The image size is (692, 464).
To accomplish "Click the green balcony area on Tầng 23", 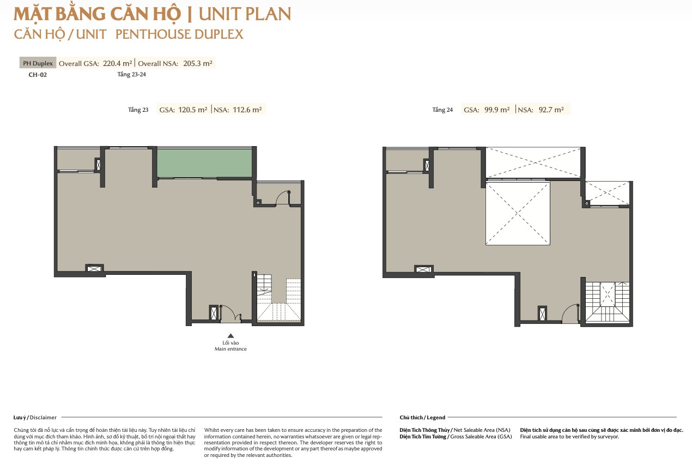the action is [x=204, y=163].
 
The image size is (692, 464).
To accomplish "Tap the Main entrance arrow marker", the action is [x=230, y=336].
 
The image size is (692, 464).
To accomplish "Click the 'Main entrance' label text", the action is [x=230, y=349].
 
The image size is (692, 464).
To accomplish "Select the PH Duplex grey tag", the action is [x=38, y=63].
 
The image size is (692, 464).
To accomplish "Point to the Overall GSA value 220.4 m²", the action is [x=117, y=63].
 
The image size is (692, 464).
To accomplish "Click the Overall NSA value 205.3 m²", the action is [x=198, y=63].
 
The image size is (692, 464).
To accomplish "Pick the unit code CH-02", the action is [x=38, y=75].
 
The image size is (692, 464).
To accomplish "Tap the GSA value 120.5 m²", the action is [x=192, y=110].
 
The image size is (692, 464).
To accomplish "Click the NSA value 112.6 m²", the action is [x=247, y=110].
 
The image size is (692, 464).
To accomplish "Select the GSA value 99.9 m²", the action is [x=497, y=110].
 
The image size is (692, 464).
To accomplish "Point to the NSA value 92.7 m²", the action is [x=551, y=110].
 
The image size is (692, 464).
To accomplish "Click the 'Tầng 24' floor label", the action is [x=442, y=110].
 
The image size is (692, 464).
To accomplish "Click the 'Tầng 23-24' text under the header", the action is [x=132, y=75].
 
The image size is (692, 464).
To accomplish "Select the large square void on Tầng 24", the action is [x=518, y=213].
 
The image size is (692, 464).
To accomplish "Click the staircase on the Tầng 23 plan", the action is [x=279, y=298].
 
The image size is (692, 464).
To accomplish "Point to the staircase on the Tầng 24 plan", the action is [x=608, y=302].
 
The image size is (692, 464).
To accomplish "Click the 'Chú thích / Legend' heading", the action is [x=422, y=418].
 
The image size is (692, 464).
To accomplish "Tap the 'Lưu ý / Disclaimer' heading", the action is [x=35, y=418].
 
